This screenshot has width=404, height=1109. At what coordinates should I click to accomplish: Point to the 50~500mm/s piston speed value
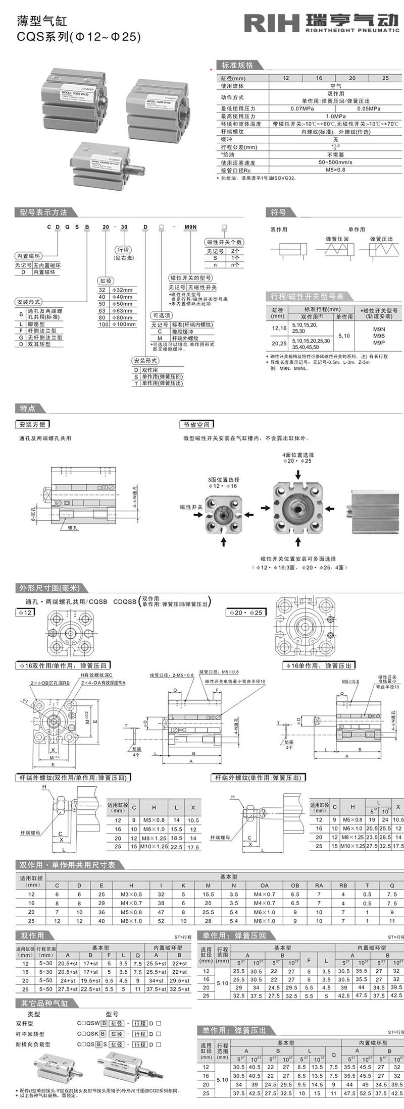click(335, 162)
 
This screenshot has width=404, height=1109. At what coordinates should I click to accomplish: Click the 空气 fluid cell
click(335, 86)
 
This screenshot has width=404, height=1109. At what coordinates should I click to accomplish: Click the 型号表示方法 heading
click(43, 212)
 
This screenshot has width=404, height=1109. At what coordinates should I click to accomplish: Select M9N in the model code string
click(190, 227)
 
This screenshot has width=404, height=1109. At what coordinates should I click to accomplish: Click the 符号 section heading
click(278, 212)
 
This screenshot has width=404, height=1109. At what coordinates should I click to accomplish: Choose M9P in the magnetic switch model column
click(379, 343)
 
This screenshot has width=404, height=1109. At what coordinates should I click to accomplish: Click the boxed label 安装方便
click(32, 424)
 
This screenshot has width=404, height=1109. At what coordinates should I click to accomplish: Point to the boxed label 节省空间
click(196, 424)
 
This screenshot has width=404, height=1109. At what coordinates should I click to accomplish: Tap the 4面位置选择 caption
click(298, 455)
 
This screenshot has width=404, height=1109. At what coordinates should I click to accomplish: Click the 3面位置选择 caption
click(223, 479)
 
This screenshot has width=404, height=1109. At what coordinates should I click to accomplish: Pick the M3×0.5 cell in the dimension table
click(131, 894)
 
